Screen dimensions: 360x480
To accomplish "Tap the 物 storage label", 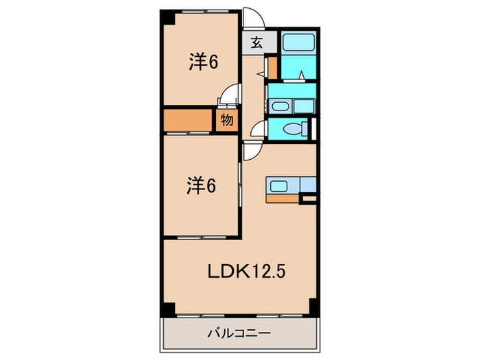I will click(x=227, y=121).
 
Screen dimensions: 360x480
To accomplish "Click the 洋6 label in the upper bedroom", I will click(x=203, y=62).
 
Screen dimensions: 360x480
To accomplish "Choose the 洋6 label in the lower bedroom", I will click(x=202, y=185).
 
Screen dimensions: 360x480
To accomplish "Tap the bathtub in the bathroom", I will click(x=299, y=45).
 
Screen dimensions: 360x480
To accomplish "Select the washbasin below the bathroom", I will click(x=280, y=106).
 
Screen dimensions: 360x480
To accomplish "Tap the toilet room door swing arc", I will click(x=258, y=130).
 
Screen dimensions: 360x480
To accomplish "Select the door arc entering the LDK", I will click(x=250, y=152).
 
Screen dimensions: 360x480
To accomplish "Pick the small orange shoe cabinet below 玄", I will click(x=272, y=67).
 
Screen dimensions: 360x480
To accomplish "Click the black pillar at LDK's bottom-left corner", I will click(x=167, y=305).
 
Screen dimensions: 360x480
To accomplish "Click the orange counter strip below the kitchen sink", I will click(x=283, y=198).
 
